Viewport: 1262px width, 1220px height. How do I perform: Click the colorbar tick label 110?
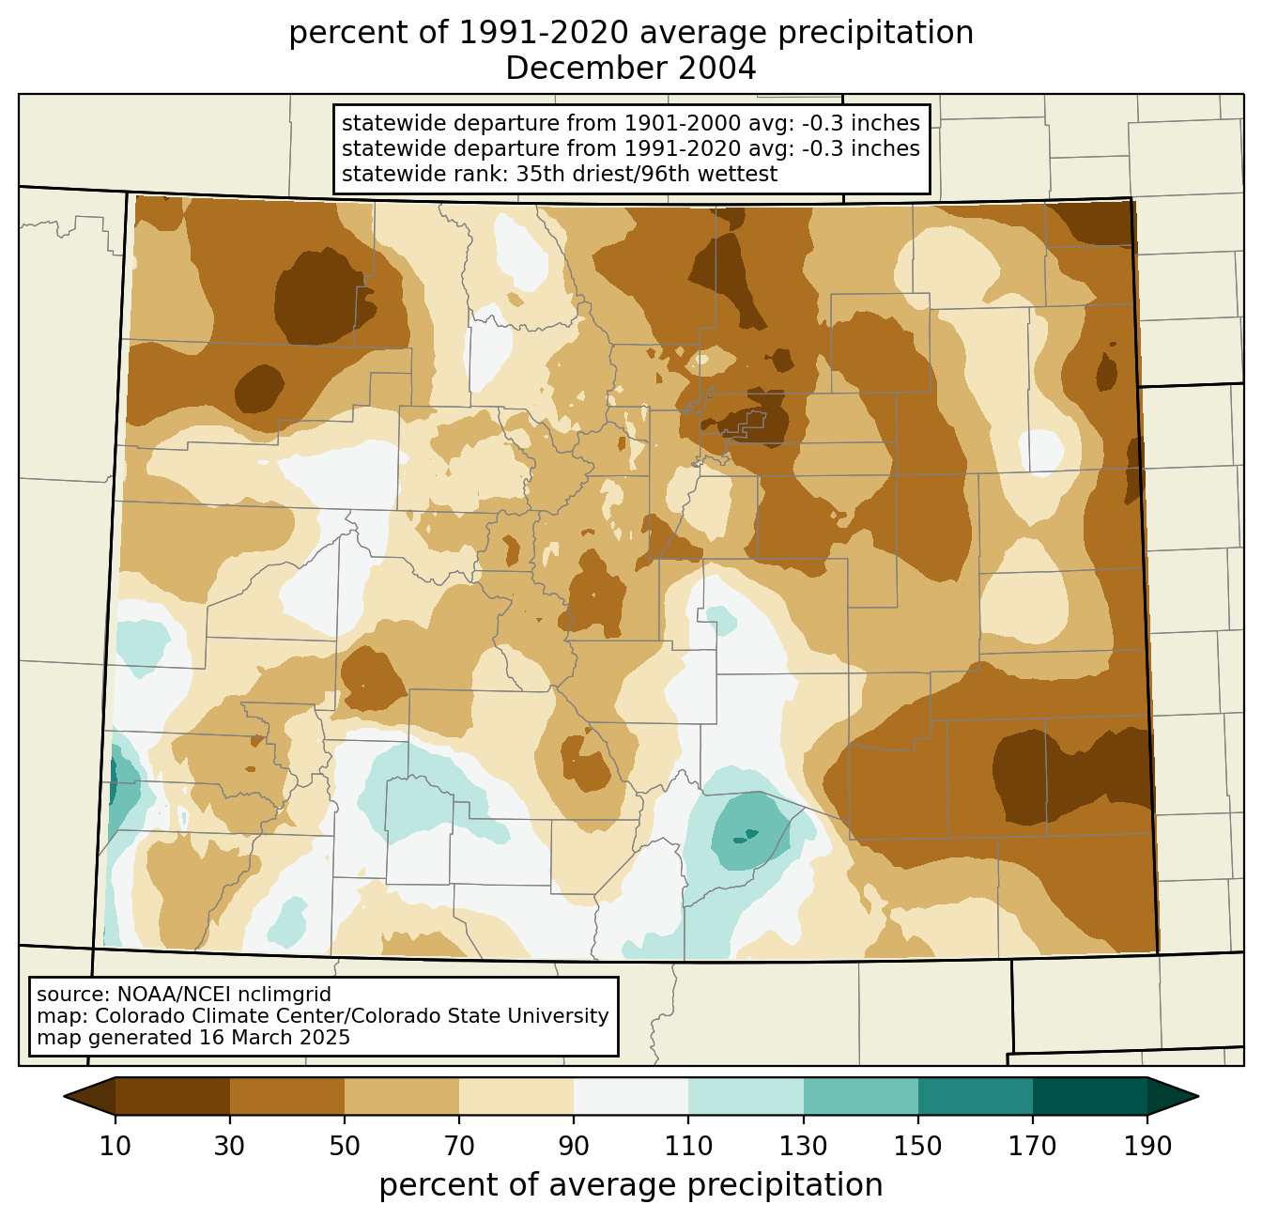688,1147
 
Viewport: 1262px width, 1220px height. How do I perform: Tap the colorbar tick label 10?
115,1147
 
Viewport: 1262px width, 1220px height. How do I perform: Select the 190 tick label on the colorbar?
1147,1147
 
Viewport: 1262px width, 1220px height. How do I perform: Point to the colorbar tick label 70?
459,1147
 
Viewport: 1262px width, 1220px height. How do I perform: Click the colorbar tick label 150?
917,1147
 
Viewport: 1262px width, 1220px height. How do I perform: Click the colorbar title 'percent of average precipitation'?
630,1185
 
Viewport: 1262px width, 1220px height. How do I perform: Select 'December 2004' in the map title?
630,69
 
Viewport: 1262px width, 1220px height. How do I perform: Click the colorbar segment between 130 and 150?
860,1097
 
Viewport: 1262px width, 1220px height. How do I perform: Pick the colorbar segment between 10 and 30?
173,1097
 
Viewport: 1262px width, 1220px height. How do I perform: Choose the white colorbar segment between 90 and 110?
631,1097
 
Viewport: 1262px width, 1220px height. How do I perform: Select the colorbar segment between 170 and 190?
1090,1097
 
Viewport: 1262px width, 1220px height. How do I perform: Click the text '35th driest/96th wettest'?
647,174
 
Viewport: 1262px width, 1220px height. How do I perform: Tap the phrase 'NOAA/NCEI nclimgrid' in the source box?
224,995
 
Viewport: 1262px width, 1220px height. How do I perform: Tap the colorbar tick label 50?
345,1147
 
